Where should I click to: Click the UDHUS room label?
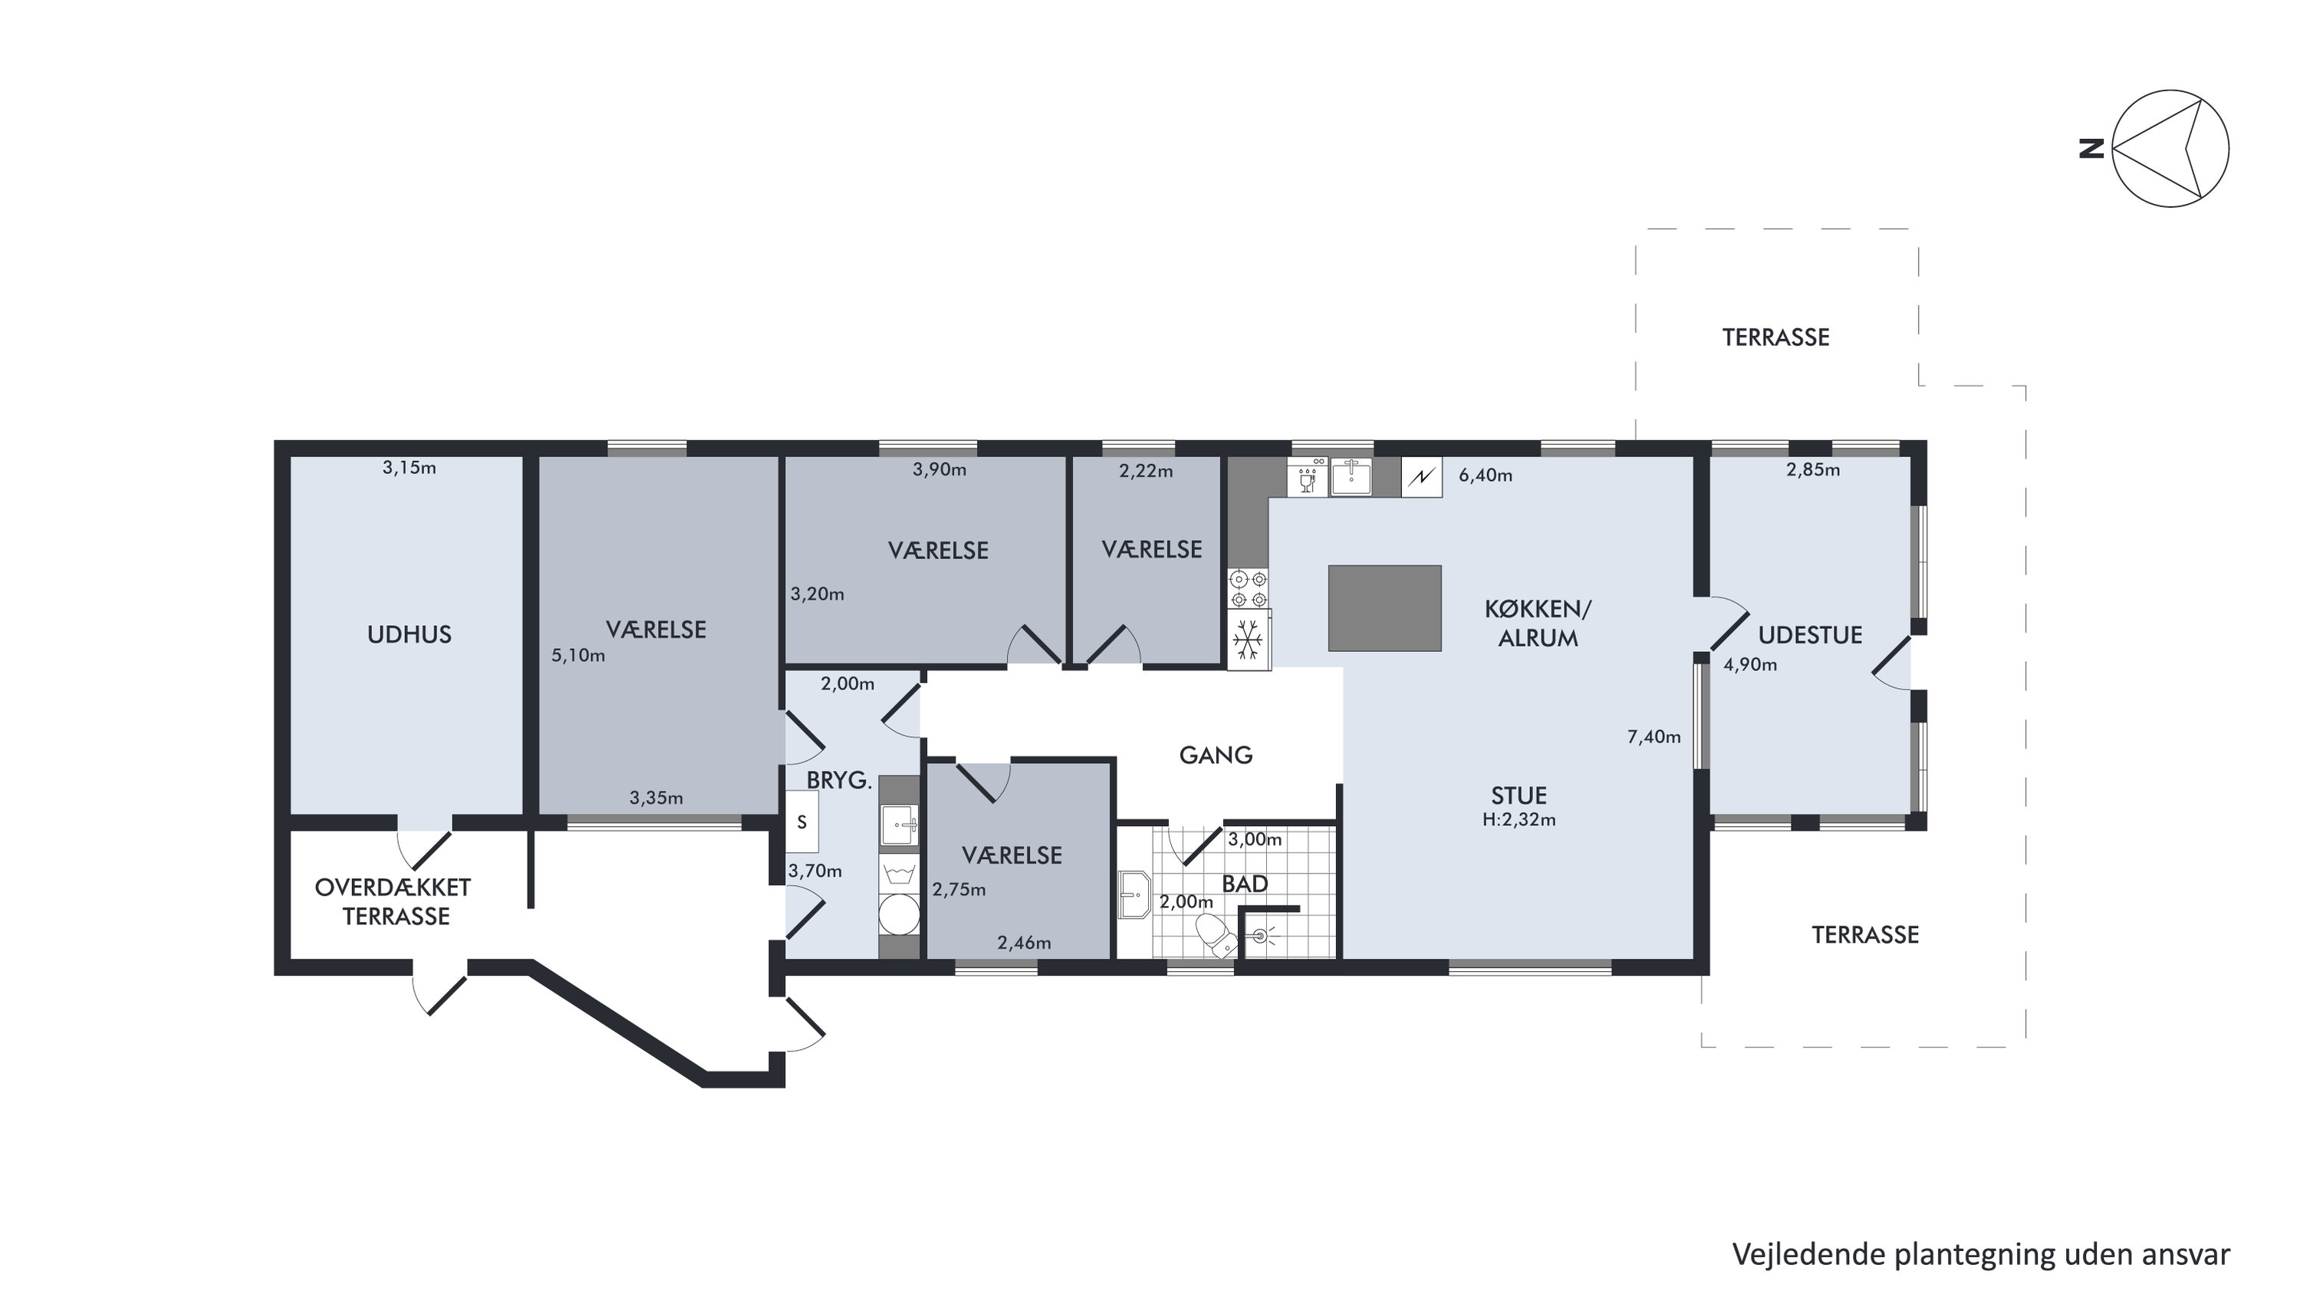(x=409, y=635)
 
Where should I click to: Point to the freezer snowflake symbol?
(x=1249, y=640)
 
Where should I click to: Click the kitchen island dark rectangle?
(x=1384, y=608)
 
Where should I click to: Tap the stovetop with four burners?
(x=1249, y=589)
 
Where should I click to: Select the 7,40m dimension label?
(x=1653, y=738)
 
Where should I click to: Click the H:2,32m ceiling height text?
(x=1519, y=820)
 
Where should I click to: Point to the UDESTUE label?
(x=1810, y=635)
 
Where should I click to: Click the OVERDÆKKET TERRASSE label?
(x=393, y=902)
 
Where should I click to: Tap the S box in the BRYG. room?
(x=801, y=822)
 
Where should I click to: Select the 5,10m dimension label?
(x=577, y=657)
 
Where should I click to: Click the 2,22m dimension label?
(x=1146, y=472)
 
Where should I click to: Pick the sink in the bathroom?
(x=1135, y=895)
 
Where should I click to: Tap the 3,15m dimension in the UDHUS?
(x=409, y=468)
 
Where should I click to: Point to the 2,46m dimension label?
(x=1023, y=943)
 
